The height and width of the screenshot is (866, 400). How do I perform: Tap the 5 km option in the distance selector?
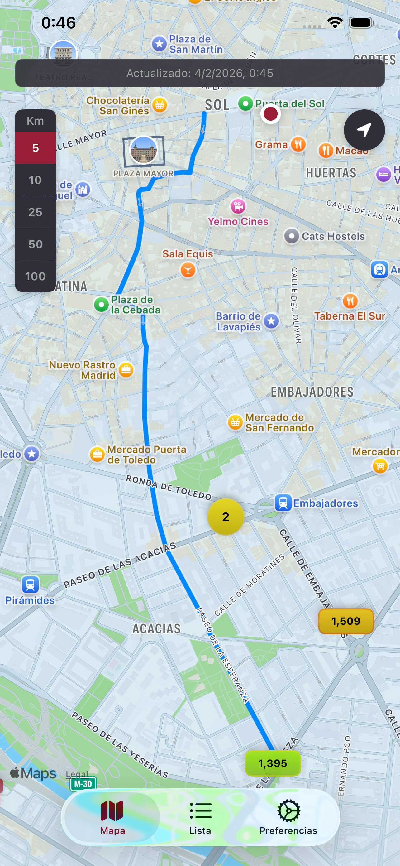pos(35,148)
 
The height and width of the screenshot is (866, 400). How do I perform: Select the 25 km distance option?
pos(35,212)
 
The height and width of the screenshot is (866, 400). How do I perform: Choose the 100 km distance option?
pos(35,276)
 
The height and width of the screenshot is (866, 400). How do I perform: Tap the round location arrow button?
pos(364,130)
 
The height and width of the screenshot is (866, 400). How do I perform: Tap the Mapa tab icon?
pos(112,811)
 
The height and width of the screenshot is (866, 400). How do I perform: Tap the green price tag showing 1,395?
pos(272,763)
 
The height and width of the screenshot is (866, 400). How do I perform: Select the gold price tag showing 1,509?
pos(345,621)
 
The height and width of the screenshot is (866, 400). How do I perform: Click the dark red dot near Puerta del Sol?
pos(270,114)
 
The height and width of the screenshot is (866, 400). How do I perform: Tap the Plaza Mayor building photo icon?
pos(143,150)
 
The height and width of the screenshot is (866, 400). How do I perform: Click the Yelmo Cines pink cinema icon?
pos(238,206)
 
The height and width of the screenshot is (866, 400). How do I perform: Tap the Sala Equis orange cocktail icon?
pos(188,270)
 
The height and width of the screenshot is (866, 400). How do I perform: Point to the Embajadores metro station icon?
pos(283,503)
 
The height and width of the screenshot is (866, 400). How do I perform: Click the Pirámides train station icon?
pos(30,585)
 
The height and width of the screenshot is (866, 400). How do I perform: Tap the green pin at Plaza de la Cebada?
pos(101,305)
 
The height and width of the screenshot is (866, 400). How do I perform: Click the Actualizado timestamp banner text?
pos(200,73)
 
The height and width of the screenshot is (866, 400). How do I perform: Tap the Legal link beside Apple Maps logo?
pos(77,774)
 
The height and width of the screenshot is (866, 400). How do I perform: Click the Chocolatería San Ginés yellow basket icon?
pos(160,105)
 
